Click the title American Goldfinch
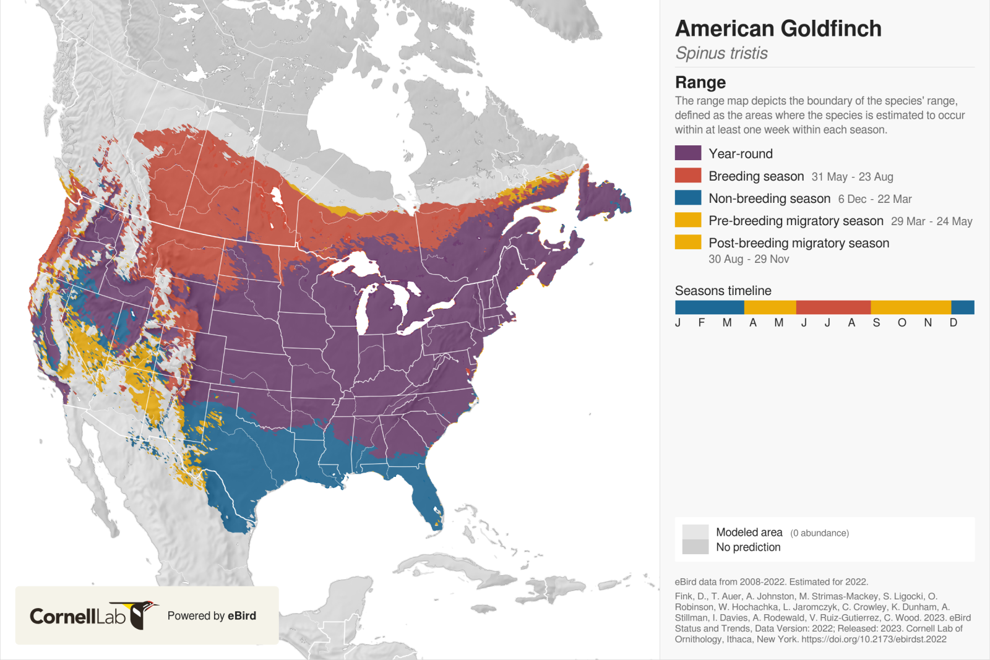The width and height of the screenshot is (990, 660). (x=778, y=28)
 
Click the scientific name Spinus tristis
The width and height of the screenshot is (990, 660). (x=721, y=53)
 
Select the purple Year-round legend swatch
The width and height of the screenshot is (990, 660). (x=687, y=153)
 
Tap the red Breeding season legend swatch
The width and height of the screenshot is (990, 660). (x=687, y=176)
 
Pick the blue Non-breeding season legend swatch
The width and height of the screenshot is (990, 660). (x=687, y=198)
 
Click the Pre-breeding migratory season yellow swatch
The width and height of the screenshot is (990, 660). (x=687, y=220)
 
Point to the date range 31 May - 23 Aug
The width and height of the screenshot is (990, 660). (x=852, y=177)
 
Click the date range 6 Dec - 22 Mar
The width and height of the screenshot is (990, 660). (x=874, y=199)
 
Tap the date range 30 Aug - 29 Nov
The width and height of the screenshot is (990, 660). (x=749, y=259)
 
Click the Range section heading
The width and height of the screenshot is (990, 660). (x=700, y=82)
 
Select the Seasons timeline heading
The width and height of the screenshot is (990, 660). (x=723, y=291)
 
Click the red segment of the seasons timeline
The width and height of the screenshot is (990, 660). (x=833, y=307)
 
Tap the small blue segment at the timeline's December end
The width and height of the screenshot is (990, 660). (x=962, y=307)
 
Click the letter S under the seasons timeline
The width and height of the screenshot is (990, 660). (x=876, y=323)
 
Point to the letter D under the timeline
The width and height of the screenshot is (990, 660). (x=953, y=323)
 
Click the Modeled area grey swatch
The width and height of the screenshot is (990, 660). (x=695, y=532)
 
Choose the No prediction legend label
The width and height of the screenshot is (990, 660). (x=748, y=547)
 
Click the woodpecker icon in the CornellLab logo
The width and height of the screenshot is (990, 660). (x=142, y=614)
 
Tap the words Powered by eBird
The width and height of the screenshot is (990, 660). (x=212, y=615)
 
